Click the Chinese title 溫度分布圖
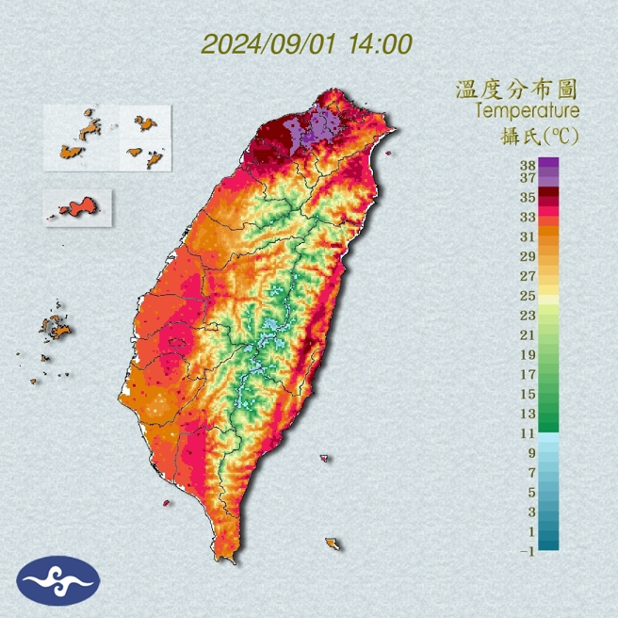click(x=515, y=90)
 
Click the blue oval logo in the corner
click(x=57, y=580)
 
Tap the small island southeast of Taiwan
click(x=332, y=544)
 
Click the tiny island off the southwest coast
click(x=167, y=503)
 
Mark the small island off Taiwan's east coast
click(x=325, y=460)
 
